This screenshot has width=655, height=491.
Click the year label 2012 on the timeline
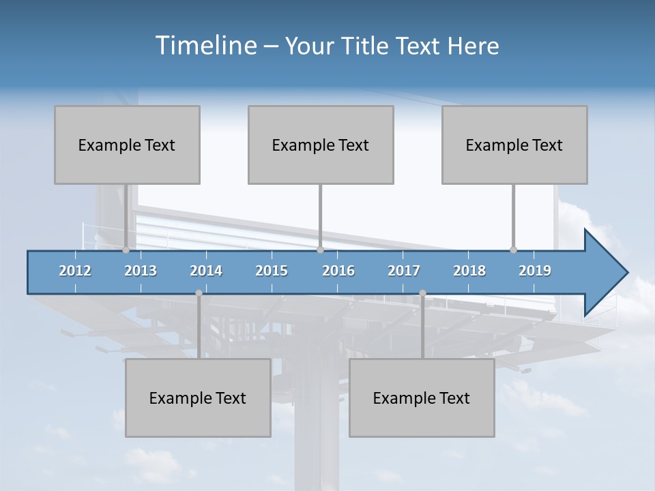(75, 271)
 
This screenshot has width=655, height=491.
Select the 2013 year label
(141, 271)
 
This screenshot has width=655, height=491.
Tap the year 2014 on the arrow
(206, 271)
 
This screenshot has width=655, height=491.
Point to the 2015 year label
(272, 271)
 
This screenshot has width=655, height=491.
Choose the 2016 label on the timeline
(338, 271)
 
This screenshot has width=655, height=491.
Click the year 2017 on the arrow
(404, 271)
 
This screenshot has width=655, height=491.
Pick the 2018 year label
(469, 271)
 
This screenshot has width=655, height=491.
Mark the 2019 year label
(535, 271)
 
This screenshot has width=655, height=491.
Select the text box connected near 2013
(127, 145)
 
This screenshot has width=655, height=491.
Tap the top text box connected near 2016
(321, 145)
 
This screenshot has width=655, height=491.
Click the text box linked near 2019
(514, 145)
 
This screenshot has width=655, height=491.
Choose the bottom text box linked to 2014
(198, 398)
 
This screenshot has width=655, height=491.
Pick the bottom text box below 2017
(422, 398)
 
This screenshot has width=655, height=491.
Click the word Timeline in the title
(205, 46)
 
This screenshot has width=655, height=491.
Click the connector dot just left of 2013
(126, 250)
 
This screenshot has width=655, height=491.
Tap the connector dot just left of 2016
(320, 250)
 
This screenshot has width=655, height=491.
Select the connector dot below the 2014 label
(199, 293)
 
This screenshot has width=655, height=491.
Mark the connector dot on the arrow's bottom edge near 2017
(422, 293)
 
